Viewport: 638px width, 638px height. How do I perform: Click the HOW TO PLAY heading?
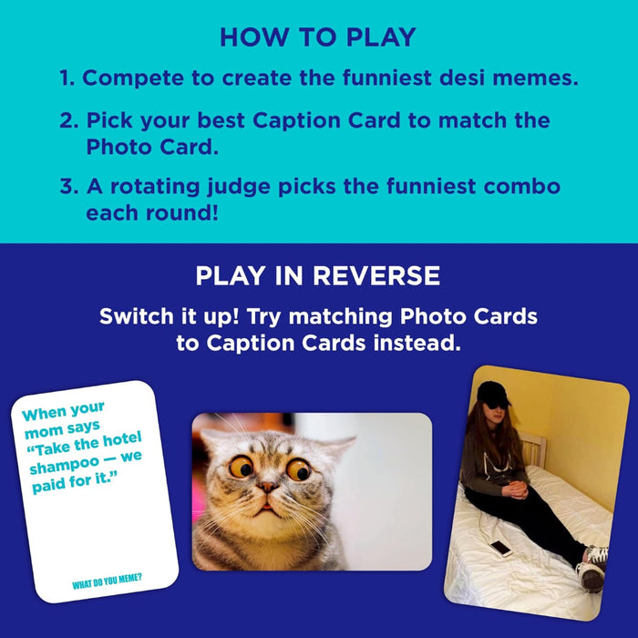tap(317, 37)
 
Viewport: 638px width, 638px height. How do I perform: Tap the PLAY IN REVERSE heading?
tap(317, 276)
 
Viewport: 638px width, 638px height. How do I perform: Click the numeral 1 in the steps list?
tap(66, 78)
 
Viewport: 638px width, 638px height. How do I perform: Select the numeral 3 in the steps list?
tap(67, 187)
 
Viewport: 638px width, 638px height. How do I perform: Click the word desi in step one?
tap(427, 78)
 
